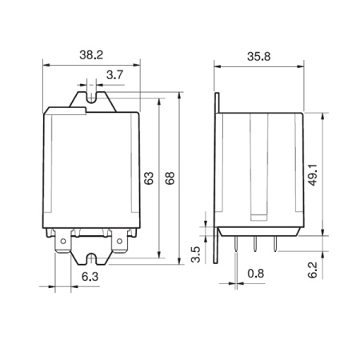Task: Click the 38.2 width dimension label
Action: (91, 55)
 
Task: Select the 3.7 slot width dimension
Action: (114, 75)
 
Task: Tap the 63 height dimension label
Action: (149, 178)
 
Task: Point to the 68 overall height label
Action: (170, 178)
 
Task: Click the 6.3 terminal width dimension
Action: (90, 277)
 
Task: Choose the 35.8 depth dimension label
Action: (258, 57)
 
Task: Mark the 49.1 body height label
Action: (313, 174)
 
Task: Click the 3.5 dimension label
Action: (196, 254)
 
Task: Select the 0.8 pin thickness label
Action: (256, 274)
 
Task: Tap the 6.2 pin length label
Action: (313, 270)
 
